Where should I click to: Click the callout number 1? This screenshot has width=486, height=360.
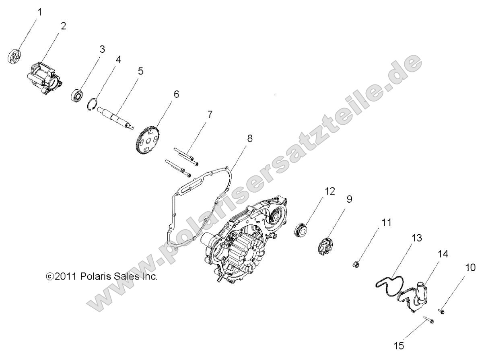tap(39, 12)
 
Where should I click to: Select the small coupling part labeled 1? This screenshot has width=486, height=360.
tap(14, 56)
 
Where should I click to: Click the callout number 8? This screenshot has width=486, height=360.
tap(250, 138)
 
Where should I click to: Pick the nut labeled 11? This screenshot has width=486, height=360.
tap(356, 265)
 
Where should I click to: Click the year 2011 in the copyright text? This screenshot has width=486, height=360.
tap(64, 277)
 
